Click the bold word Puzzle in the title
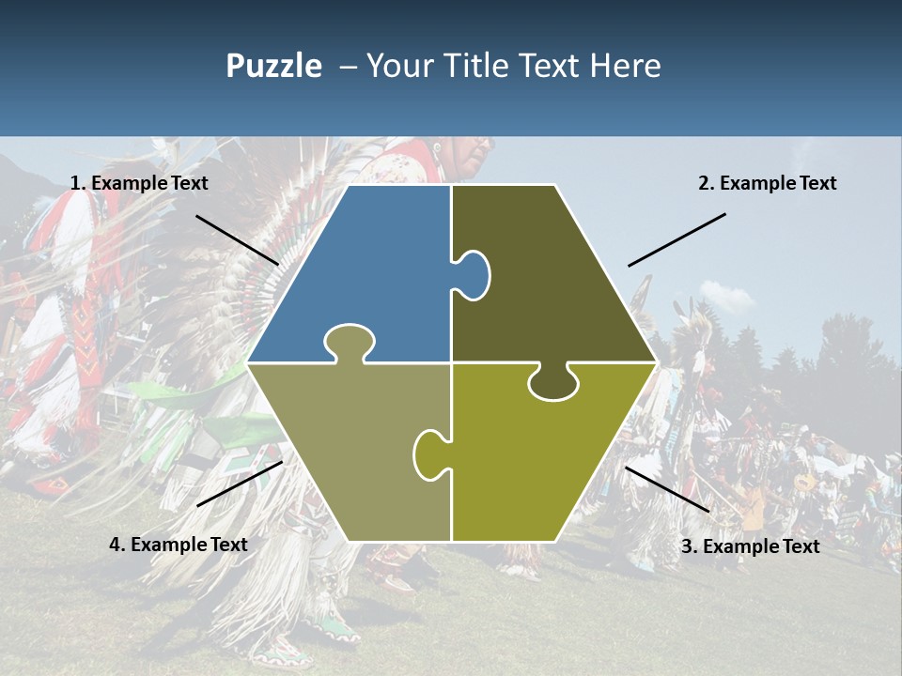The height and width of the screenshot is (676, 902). (273, 66)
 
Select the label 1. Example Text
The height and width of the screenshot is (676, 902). (139, 184)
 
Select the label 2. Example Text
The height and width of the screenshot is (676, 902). (767, 184)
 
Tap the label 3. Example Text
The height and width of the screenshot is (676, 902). (750, 546)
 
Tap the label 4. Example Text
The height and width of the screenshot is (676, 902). (179, 545)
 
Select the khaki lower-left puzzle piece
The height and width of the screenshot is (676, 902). (348, 451)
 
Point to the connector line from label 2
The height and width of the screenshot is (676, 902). (676, 239)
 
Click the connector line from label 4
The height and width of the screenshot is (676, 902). (240, 484)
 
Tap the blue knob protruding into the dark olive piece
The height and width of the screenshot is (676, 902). (474, 274)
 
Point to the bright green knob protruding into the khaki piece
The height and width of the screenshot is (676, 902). (429, 453)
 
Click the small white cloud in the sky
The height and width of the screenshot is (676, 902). (725, 297)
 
